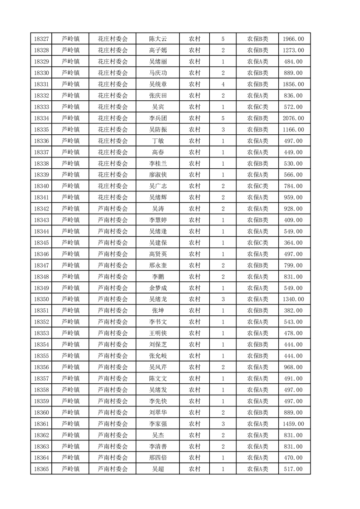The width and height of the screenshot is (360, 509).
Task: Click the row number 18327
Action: pos(41,39)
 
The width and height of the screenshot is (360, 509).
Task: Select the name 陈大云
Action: pos(158,39)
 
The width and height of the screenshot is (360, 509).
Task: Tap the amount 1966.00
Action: pos(293,39)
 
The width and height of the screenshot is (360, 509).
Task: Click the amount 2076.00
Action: pos(293,118)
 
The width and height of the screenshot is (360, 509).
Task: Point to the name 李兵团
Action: pos(158,118)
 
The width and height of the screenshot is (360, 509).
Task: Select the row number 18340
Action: pos(41,186)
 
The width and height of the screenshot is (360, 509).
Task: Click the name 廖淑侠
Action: pos(158,175)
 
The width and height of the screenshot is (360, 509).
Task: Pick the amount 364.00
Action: pos(293,243)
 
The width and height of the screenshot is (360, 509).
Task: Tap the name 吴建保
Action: pos(158,243)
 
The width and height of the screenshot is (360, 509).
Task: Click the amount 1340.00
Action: pos(293,299)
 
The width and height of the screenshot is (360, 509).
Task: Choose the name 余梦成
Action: pos(158,288)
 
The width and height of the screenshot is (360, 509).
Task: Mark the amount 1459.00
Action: pos(293,424)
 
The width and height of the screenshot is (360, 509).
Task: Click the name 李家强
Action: pos(158,424)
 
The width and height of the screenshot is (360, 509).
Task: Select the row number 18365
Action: pos(41,469)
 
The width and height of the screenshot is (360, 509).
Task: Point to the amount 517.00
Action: pos(293,469)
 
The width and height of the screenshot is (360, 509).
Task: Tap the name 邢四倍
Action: pos(158,458)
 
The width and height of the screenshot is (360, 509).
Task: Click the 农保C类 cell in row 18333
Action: pos(257,107)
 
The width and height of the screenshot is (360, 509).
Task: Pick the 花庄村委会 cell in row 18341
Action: pos(113,197)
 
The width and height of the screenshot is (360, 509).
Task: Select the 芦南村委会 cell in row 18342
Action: pos(113,209)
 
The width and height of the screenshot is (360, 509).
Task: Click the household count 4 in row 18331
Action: pos(223,84)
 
